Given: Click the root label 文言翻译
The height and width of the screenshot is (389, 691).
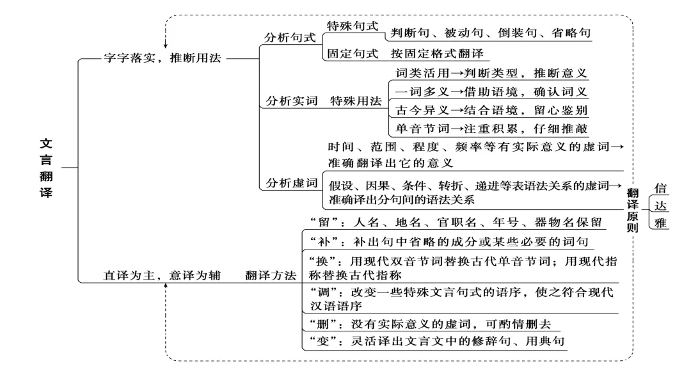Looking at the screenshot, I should tap(46, 168).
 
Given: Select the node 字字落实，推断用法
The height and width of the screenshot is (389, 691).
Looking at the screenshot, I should tap(161, 58).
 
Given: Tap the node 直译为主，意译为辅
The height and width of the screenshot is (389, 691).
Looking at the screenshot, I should tap(161, 276).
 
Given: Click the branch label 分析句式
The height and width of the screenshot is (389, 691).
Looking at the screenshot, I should tap(290, 37).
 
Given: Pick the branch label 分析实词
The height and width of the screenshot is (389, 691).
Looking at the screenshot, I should tap(292, 101).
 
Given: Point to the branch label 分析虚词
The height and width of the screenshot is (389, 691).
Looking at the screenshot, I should tap(292, 182).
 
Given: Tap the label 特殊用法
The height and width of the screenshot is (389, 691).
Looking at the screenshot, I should tap(355, 101).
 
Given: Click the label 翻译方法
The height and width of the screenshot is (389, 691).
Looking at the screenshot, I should tap(271, 276).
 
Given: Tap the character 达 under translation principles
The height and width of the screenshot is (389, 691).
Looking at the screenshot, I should tap(661, 205).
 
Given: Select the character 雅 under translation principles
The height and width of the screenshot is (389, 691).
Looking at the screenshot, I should tap(661, 223).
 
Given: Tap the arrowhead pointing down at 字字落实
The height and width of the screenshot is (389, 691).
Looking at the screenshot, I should tap(166, 45).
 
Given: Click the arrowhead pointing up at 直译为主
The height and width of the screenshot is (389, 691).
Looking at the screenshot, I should tap(166, 286).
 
